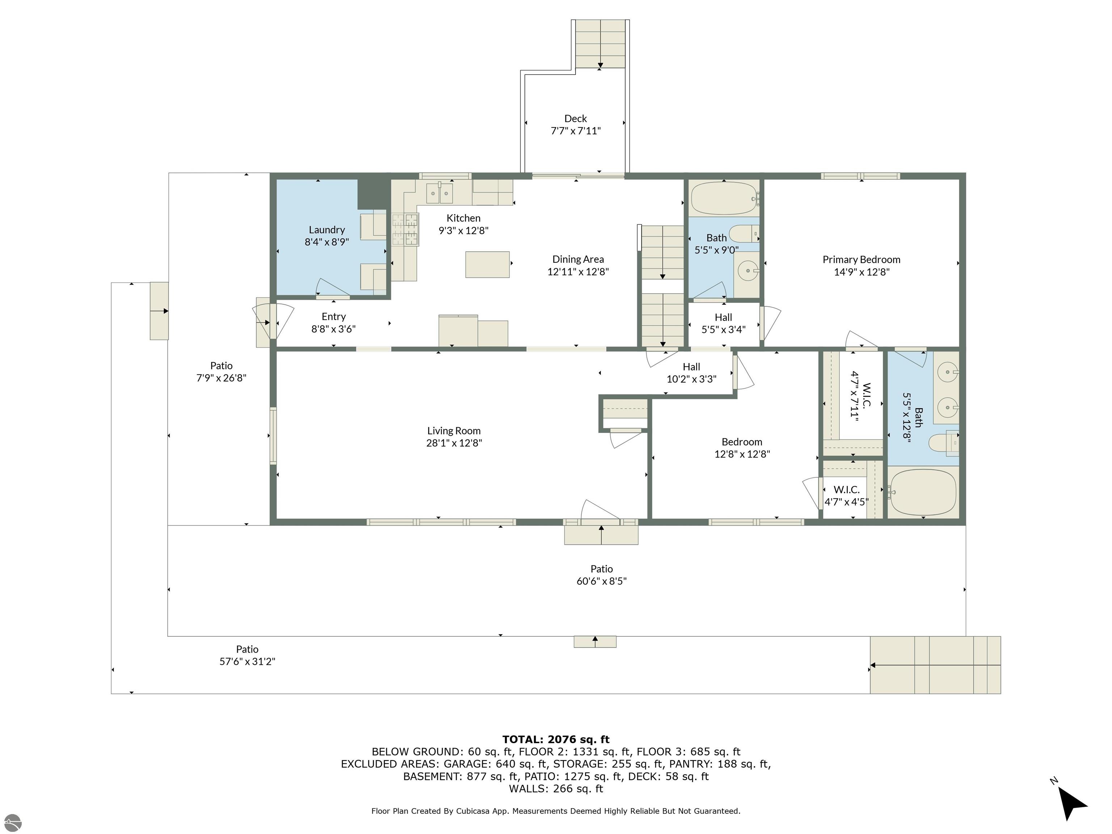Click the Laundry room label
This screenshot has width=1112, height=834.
327,230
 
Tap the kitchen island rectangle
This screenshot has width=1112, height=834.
487,265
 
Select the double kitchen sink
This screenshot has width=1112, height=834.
440,193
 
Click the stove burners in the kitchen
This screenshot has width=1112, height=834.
405,229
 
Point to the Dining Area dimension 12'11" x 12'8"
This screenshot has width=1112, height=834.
578,271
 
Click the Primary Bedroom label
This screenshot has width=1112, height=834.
861,260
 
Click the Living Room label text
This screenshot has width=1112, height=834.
454,430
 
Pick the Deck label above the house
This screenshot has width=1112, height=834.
576,119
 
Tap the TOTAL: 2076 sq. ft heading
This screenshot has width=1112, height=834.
556,739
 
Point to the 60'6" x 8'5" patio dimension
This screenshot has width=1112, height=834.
601,581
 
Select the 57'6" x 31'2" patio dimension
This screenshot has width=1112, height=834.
247,662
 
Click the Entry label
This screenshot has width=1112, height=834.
333,317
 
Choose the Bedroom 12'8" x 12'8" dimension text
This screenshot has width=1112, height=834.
742,454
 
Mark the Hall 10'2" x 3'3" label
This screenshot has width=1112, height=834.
691,373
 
